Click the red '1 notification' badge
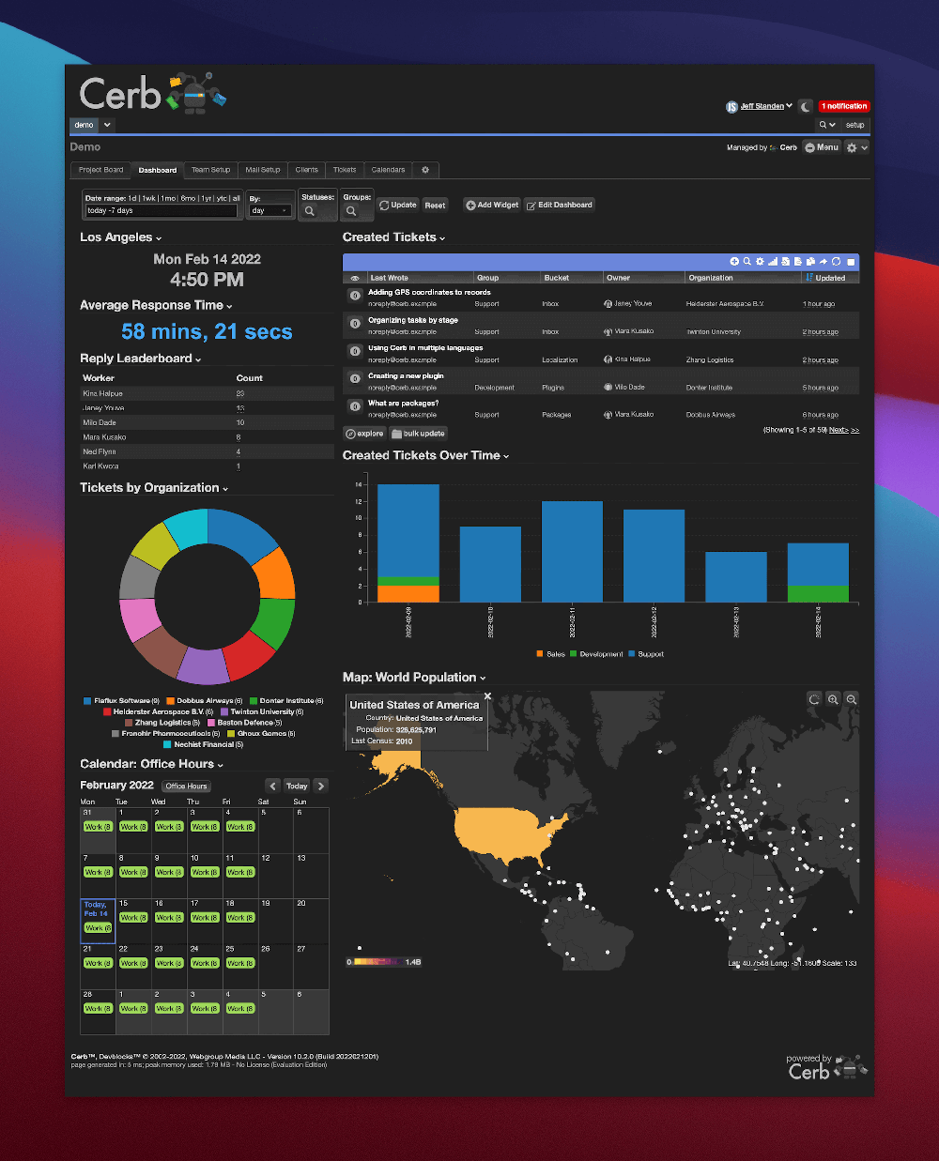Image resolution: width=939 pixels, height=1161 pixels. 843,106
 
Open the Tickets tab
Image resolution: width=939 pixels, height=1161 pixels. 345,170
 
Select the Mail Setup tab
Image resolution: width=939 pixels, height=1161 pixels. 263,170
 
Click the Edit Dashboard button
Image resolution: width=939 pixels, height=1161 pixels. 560,205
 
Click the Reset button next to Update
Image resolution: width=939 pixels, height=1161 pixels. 435,205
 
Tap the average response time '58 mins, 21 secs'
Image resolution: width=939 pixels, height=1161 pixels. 207,332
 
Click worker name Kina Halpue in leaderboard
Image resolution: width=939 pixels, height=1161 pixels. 103,393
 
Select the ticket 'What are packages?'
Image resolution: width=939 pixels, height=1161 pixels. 404,404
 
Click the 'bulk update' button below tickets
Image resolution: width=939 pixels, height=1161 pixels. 419,434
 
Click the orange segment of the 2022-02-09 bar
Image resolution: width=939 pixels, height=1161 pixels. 408,593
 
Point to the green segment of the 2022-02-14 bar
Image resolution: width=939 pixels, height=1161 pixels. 818,593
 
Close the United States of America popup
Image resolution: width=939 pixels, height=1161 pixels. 487,696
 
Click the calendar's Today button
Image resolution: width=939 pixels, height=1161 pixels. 297,786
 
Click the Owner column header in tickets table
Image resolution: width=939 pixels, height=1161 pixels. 619,278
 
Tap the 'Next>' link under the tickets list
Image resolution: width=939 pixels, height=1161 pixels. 839,430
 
